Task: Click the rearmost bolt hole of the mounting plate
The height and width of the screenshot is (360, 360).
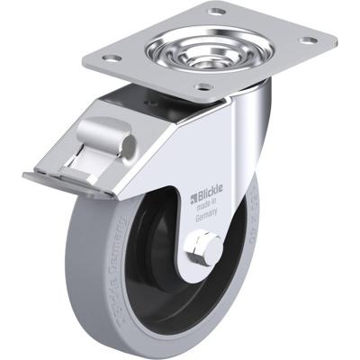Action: click(x=216, y=11)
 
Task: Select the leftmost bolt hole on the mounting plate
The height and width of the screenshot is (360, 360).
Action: click(x=112, y=58)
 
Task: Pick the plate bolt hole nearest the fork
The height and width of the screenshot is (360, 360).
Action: click(x=204, y=88)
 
